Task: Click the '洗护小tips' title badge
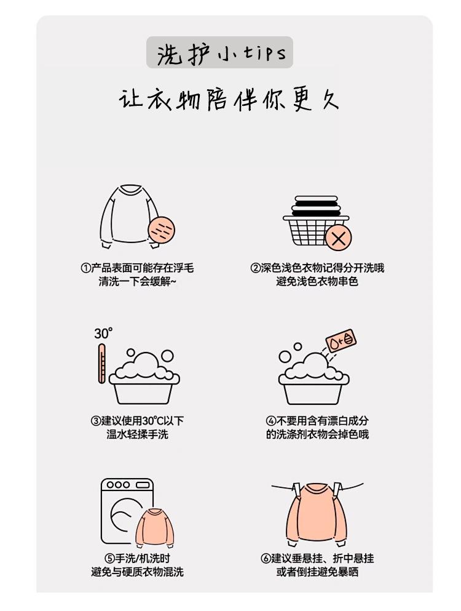[x=219, y=52]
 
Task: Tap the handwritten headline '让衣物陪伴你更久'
[x=229, y=100]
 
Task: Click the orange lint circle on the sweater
[x=162, y=230]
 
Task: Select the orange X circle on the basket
[x=338, y=238]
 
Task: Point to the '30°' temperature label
[x=103, y=333]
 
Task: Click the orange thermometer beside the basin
[x=101, y=364]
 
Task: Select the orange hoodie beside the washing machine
[x=154, y=527]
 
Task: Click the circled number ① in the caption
[x=85, y=268]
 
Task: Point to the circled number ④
[x=271, y=421]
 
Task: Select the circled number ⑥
[x=266, y=559]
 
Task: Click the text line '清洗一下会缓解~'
[x=137, y=281]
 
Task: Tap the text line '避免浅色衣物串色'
[x=317, y=281]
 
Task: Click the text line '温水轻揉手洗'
[x=138, y=434]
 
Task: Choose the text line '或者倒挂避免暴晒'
[x=317, y=572]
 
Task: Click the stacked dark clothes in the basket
[x=316, y=206]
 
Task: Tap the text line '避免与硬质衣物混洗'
[x=137, y=572]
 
